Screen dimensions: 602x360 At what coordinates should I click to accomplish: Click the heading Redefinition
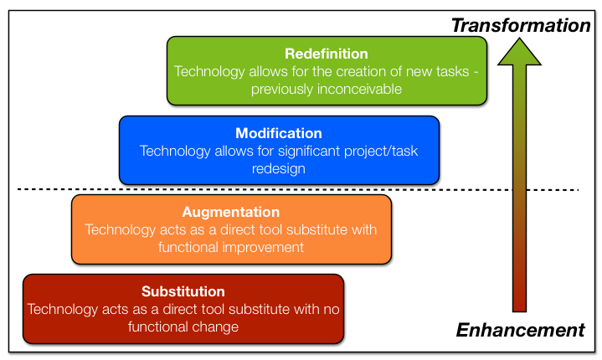327,54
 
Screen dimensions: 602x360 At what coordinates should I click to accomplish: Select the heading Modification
279,133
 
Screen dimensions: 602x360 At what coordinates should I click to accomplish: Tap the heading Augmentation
231,213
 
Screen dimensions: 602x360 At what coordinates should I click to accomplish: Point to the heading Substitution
183,291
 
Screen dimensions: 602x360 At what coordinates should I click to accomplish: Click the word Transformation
521,25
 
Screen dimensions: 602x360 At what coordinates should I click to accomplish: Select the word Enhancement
520,330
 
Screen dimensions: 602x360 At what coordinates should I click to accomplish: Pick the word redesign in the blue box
279,169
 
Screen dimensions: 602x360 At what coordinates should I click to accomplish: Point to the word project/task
381,152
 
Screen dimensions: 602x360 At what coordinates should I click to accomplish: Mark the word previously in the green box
282,89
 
